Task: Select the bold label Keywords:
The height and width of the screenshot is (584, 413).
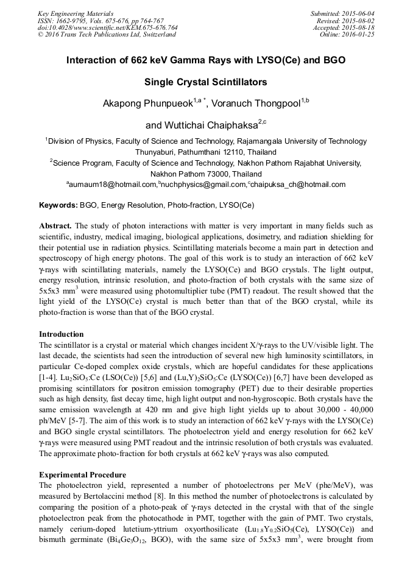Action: coord(58,205)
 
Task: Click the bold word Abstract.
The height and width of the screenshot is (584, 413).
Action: coord(56,225)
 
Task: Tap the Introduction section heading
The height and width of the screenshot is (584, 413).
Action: coord(62,334)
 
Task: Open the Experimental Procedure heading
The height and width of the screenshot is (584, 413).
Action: coord(82,474)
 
